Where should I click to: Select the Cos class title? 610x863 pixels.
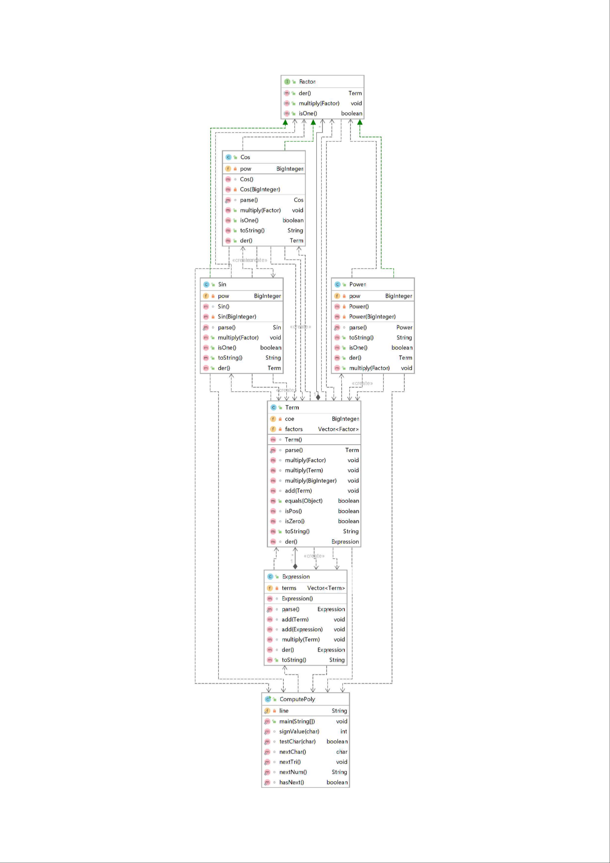tap(245, 157)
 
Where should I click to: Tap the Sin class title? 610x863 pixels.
tap(222, 284)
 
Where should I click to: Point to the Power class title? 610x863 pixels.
tap(357, 284)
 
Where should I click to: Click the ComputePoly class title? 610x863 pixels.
tap(297, 699)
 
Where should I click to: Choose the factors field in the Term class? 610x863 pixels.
tap(293, 429)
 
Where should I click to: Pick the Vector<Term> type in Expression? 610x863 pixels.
tap(326, 588)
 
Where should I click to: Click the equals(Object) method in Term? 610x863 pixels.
tap(303, 501)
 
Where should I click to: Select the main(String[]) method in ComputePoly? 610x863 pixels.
tap(297, 721)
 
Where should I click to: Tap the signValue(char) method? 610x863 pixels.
tap(299, 731)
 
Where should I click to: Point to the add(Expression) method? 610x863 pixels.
tap(302, 629)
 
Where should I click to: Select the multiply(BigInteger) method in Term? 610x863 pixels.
tap(311, 480)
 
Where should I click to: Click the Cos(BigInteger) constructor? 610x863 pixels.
tap(260, 189)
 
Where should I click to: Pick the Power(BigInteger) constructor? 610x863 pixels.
tap(372, 316)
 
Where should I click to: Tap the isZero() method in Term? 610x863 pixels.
tap(294, 521)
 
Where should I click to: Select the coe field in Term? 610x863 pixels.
tap(289, 419)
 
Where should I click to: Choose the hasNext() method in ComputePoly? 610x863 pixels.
tap(292, 782)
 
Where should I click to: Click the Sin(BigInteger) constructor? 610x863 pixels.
tap(237, 316)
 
